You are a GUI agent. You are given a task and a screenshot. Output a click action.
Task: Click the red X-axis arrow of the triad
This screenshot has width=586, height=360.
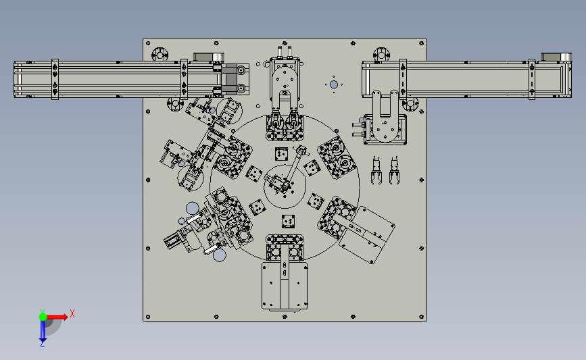click(57, 317)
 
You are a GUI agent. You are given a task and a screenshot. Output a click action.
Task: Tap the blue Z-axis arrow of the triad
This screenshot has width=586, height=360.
click(43, 331)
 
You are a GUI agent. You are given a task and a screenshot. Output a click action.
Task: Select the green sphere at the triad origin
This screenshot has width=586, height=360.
click(43, 317)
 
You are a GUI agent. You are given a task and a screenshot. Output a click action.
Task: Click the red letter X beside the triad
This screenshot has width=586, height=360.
click(72, 313)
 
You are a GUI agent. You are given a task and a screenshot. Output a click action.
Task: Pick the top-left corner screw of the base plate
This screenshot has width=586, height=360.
click(148, 43)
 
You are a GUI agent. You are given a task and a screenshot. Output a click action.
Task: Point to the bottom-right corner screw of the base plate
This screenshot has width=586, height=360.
click(422, 317)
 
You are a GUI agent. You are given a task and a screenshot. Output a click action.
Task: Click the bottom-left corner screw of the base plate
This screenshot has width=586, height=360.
click(148, 317)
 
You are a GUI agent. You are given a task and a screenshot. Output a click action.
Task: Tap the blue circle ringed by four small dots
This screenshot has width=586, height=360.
click(334, 85)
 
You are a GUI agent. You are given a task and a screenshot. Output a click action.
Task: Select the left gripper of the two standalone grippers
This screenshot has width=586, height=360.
click(376, 170)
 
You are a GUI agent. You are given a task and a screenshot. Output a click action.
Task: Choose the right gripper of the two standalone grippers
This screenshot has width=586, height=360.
click(394, 170)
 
